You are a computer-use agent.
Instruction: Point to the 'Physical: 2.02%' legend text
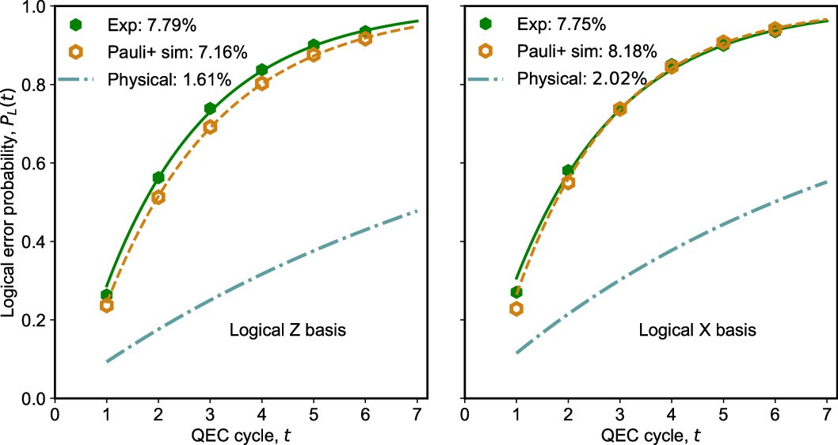[x=581, y=79]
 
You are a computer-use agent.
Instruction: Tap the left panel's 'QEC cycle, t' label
[x=236, y=435]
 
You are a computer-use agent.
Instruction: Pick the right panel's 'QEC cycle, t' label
[x=645, y=435]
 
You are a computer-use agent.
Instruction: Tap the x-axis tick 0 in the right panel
[x=463, y=414]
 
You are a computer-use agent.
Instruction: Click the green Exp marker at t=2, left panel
[x=158, y=177]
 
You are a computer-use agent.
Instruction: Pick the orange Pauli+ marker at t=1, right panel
[x=516, y=309]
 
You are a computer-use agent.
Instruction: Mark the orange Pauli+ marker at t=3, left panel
[x=210, y=127]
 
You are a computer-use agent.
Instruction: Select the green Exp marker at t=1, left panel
[x=106, y=295]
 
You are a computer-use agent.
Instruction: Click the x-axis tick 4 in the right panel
[x=671, y=414]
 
